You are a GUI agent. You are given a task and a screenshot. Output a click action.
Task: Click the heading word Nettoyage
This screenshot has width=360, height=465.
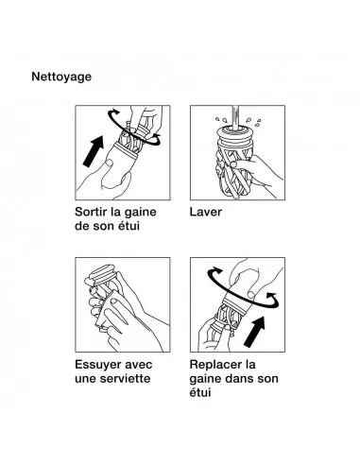coord(61,77)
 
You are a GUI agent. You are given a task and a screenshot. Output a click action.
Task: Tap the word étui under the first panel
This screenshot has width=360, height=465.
coord(129,226)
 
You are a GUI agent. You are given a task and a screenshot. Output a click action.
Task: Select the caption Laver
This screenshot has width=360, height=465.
coord(206,212)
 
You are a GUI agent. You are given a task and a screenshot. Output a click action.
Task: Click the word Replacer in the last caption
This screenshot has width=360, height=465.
coord(216,365)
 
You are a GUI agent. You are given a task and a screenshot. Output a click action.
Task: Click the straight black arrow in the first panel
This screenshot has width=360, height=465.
coord(94,150)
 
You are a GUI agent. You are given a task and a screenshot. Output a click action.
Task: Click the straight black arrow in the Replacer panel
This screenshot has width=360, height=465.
coord(255,332)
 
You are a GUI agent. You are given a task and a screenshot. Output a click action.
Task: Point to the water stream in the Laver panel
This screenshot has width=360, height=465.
coord(235,117)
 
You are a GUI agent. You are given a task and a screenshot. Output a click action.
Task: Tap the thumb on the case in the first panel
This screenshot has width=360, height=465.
coord(109,164)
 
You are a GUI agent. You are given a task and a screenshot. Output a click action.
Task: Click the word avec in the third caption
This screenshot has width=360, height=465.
coord(139,365)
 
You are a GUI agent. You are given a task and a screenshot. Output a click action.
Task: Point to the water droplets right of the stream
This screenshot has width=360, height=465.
coord(253,122)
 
